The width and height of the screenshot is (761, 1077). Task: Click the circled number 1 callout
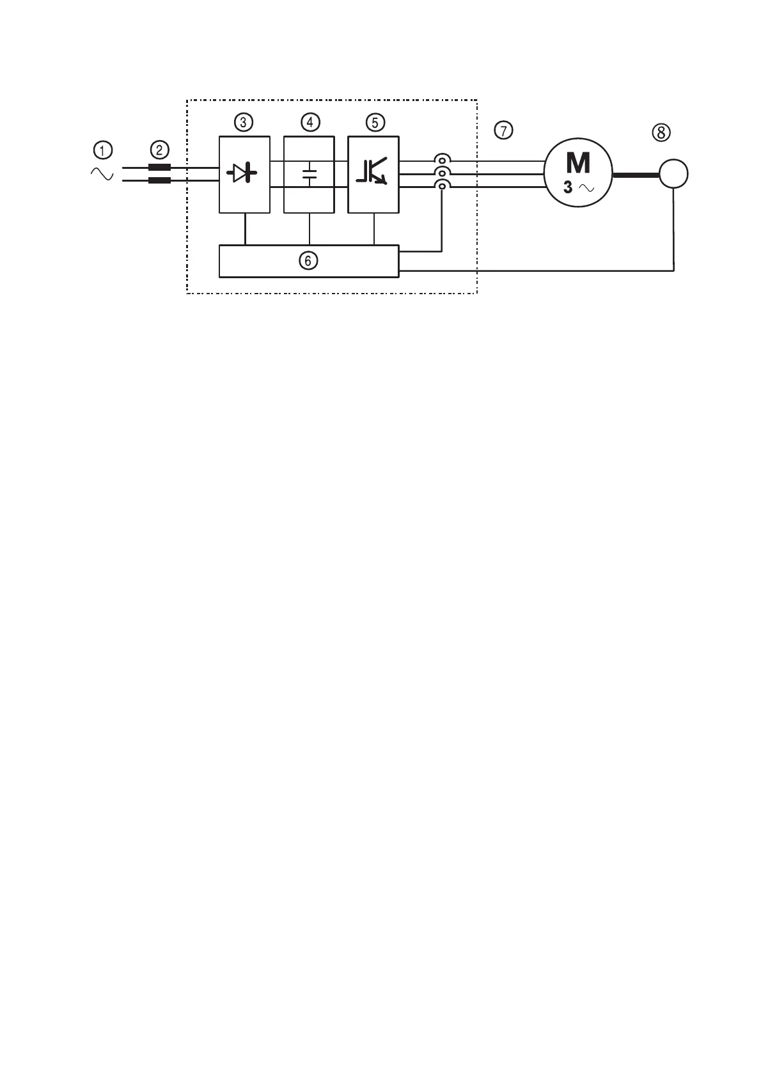click(x=102, y=150)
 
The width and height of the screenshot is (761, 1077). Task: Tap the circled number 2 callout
click(x=159, y=150)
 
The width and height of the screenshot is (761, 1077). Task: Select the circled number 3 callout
click(x=244, y=122)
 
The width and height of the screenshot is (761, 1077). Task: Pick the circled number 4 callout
click(x=310, y=122)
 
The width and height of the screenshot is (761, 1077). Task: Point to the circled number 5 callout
click(x=374, y=122)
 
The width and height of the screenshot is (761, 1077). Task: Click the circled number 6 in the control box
click(x=308, y=261)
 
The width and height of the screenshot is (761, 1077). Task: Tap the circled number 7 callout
click(x=504, y=131)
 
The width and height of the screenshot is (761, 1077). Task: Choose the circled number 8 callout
click(x=661, y=132)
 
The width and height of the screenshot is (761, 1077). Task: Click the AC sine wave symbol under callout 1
click(x=102, y=174)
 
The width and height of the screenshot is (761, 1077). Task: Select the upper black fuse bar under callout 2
click(x=159, y=168)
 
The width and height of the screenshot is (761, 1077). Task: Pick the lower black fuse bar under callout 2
click(x=159, y=180)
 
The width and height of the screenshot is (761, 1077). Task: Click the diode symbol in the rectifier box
click(x=244, y=173)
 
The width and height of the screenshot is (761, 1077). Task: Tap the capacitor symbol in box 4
click(x=310, y=174)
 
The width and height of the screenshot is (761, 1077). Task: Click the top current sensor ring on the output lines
click(x=441, y=160)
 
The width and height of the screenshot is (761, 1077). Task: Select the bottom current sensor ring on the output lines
click(x=441, y=185)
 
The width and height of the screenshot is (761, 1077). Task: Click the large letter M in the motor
click(x=578, y=163)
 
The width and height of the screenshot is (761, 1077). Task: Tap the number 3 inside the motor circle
click(x=568, y=188)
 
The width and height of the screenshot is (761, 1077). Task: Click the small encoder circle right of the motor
click(x=673, y=174)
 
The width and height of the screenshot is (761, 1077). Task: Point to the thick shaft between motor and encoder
click(x=636, y=174)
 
